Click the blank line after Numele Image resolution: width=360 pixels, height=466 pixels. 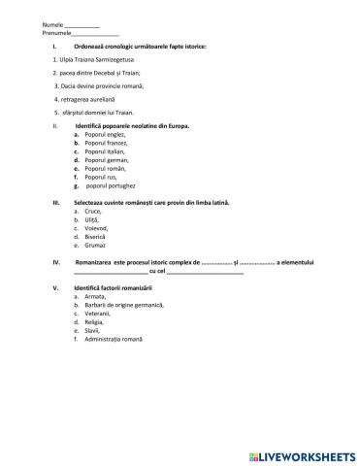tap(55, 25)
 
